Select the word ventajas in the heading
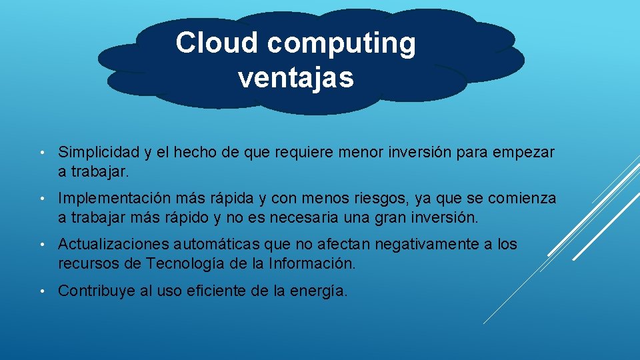click(295, 78)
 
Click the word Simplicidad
click(99, 153)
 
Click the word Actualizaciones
click(114, 245)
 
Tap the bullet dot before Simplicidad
click(41, 153)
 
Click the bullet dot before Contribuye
click(41, 291)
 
